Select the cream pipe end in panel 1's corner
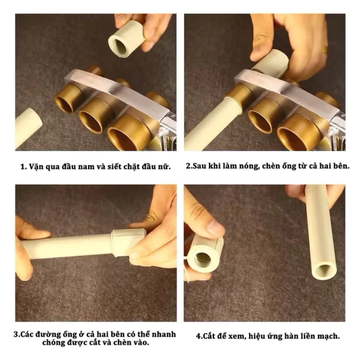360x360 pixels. [28, 128]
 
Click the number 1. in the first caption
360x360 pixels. [23, 167]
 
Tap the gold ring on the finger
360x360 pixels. [325, 49]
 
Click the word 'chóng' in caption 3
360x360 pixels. [53, 343]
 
